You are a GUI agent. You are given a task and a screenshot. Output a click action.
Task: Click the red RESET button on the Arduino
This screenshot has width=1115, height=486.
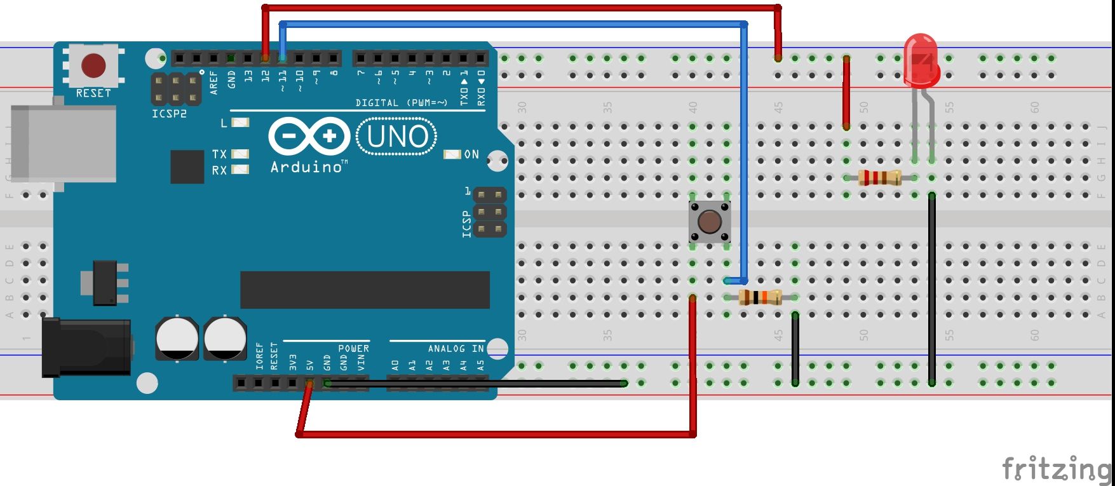93,65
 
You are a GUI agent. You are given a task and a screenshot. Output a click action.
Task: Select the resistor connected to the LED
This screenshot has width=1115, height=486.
879,178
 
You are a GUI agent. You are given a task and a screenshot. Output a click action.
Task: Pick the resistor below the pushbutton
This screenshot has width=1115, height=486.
760,297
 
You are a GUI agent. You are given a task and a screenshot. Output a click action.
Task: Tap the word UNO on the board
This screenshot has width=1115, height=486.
398,137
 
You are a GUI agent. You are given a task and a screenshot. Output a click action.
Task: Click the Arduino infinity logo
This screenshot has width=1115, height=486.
309,137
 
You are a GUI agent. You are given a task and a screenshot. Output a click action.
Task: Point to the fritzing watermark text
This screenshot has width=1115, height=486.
1056,469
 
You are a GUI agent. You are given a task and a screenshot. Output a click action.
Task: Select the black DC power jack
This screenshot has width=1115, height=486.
86,347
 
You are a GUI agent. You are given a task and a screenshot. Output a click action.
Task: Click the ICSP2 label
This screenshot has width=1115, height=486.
169,114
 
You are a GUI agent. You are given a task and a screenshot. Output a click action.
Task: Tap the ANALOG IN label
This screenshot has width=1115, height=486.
456,349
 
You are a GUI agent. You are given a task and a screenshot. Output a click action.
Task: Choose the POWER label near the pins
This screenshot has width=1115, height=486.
353,349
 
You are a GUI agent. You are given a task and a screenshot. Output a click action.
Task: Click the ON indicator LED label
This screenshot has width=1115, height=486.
471,154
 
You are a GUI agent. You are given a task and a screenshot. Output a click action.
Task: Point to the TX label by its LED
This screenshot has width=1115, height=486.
219,154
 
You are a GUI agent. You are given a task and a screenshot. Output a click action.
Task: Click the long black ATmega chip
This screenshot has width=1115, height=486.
365,290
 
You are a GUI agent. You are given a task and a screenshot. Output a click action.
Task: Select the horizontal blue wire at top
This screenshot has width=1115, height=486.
508,25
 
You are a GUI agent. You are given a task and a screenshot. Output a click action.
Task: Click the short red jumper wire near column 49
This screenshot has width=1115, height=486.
846,92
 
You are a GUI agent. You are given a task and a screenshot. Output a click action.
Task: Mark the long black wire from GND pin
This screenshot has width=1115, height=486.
476,383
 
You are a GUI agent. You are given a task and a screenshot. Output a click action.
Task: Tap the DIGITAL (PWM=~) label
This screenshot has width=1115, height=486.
402,102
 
